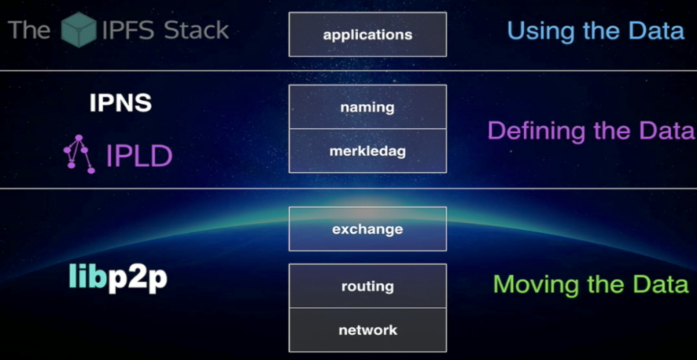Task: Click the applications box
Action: pos(368,34)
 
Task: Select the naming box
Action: pos(368,107)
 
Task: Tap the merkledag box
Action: pos(368,151)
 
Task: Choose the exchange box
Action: pos(368,229)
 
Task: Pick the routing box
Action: pos(368,286)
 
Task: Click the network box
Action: pos(368,330)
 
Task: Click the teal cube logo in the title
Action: pos(79,29)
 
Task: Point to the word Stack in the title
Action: pos(196,30)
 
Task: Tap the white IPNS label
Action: pos(121,103)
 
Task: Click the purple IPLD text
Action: pos(139,156)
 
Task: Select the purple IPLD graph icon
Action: pos(79,154)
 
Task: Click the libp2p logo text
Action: pos(118,278)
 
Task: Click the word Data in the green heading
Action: pos(661,284)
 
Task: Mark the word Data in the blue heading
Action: pos(656,31)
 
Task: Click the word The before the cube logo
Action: pos(29,30)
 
